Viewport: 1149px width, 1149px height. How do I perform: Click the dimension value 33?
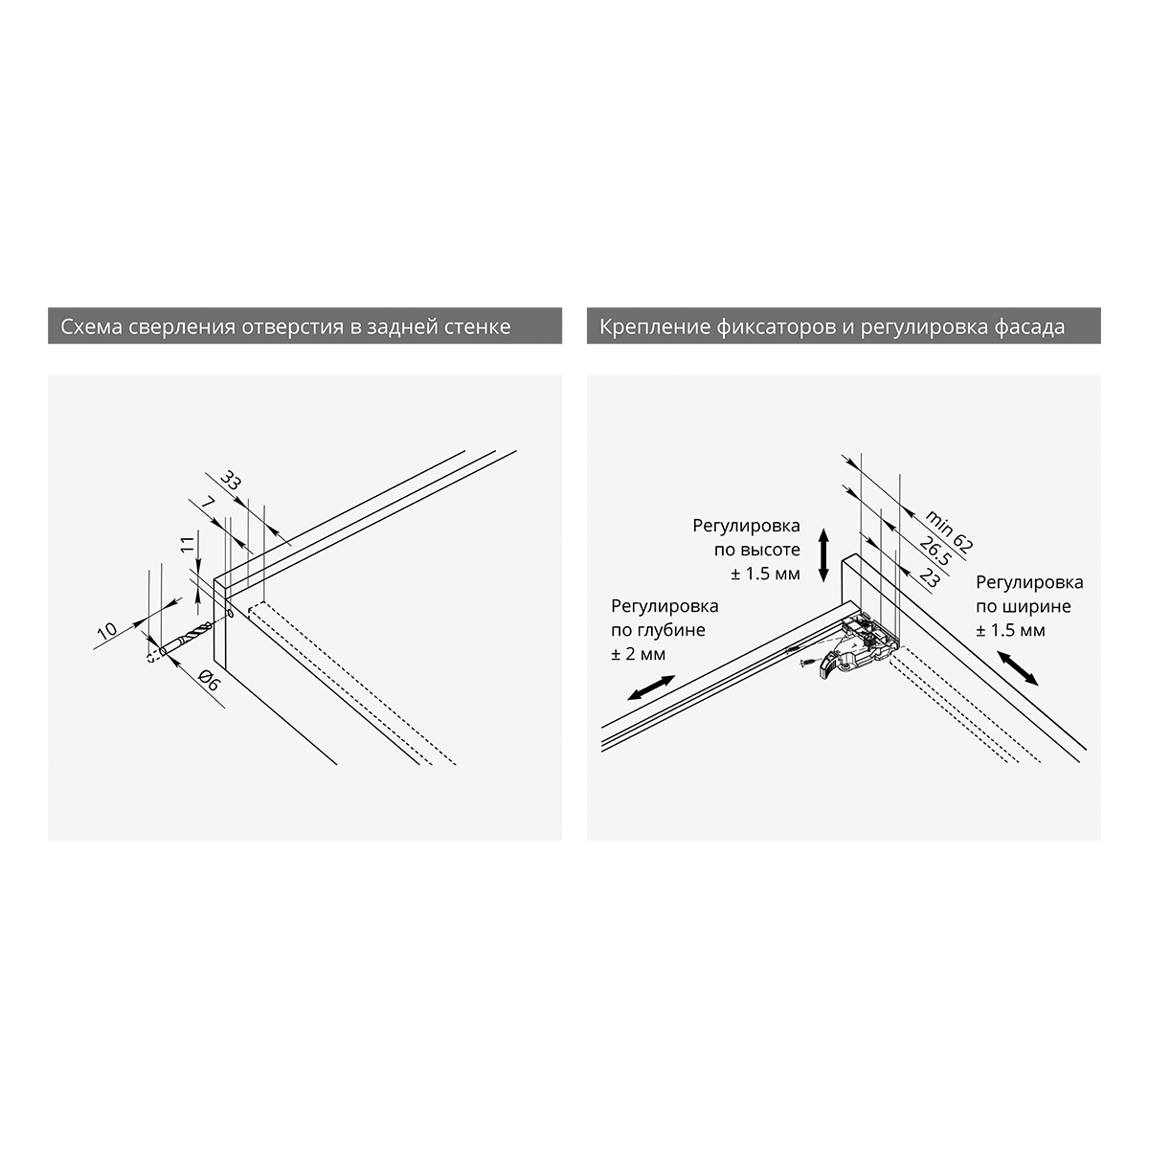[x=231, y=480]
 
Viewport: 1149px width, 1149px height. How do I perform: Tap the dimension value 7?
[x=208, y=503]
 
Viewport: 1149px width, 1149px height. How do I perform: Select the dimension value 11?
[x=188, y=544]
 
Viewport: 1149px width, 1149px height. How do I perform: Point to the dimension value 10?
[x=106, y=631]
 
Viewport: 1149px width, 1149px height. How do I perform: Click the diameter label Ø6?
[x=210, y=681]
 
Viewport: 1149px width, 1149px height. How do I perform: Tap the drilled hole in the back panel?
[x=230, y=613]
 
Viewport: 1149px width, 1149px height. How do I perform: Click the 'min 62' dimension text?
[x=949, y=530]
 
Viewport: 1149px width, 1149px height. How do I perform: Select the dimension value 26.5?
[x=935, y=551]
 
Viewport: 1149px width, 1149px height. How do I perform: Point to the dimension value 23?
[x=930, y=577]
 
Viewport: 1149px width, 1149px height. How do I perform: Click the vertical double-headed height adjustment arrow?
[x=823, y=554]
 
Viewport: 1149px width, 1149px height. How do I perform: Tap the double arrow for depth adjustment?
[x=651, y=687]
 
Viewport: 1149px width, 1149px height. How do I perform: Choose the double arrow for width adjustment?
[x=1019, y=668]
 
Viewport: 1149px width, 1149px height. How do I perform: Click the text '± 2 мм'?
[x=638, y=654]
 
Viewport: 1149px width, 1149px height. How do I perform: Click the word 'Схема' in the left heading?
[x=92, y=327]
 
